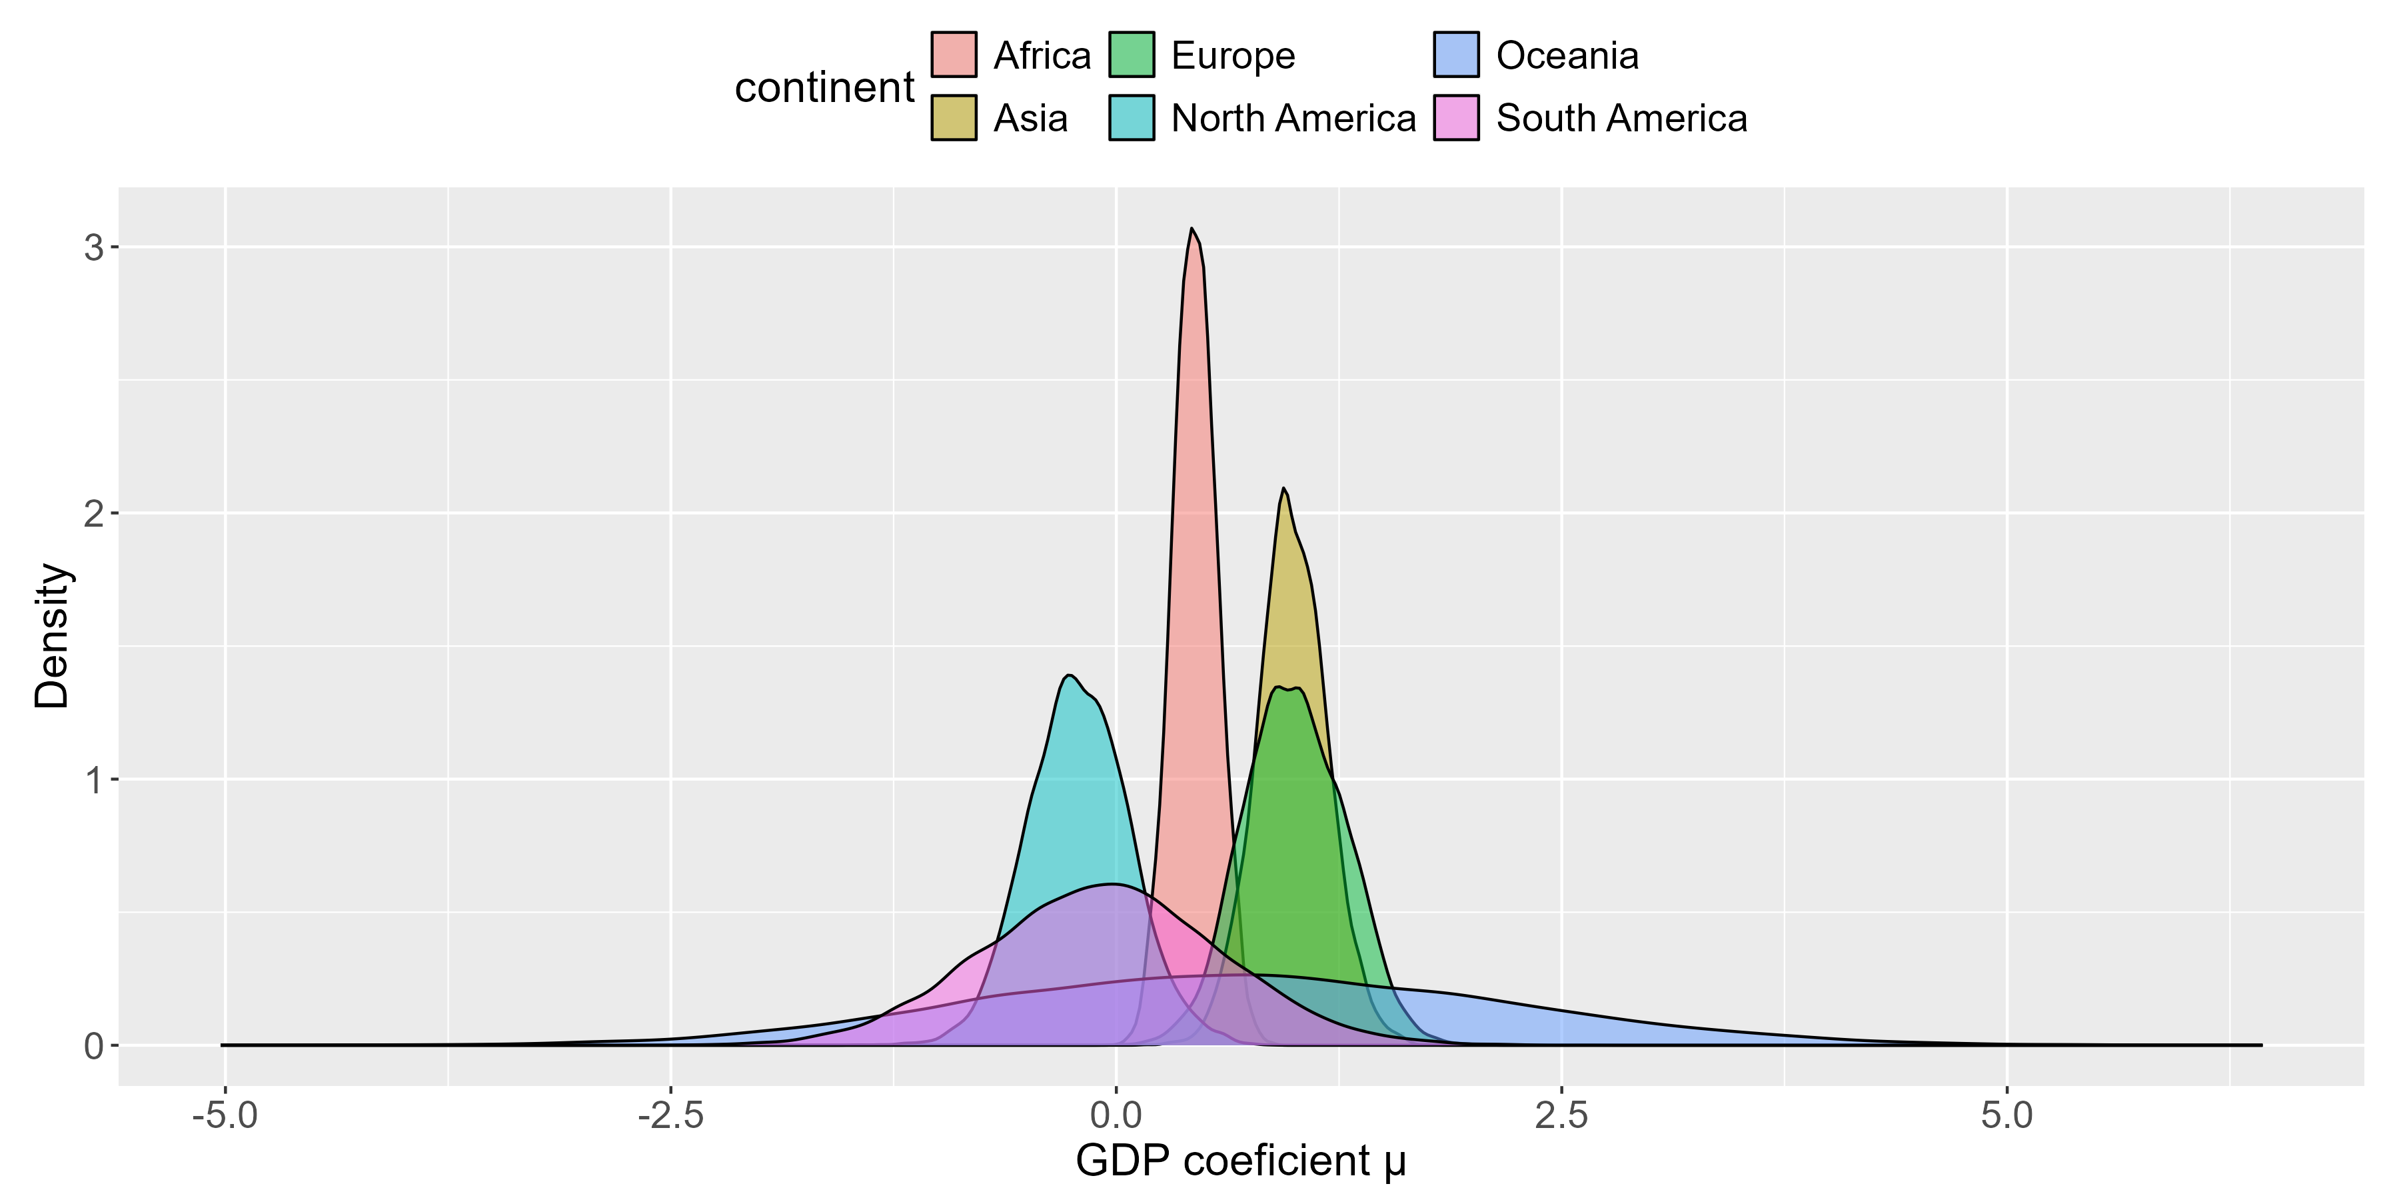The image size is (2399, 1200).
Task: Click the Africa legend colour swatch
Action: click(954, 55)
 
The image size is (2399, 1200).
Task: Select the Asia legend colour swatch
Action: click(954, 117)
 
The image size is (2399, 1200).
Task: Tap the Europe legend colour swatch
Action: click(1132, 55)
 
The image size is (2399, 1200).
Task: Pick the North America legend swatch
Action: click(1132, 117)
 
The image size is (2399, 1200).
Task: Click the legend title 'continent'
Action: click(824, 87)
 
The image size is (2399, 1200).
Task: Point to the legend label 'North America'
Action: click(1293, 118)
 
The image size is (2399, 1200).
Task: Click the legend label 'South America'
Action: click(1621, 118)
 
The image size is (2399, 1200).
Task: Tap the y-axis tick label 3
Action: click(93, 247)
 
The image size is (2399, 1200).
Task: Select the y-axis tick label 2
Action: click(93, 513)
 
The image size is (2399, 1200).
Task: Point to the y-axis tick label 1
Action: click(93, 780)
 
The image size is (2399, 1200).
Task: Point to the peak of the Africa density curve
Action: click(1191, 228)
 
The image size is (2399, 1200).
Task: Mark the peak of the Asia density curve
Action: click(1283, 488)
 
